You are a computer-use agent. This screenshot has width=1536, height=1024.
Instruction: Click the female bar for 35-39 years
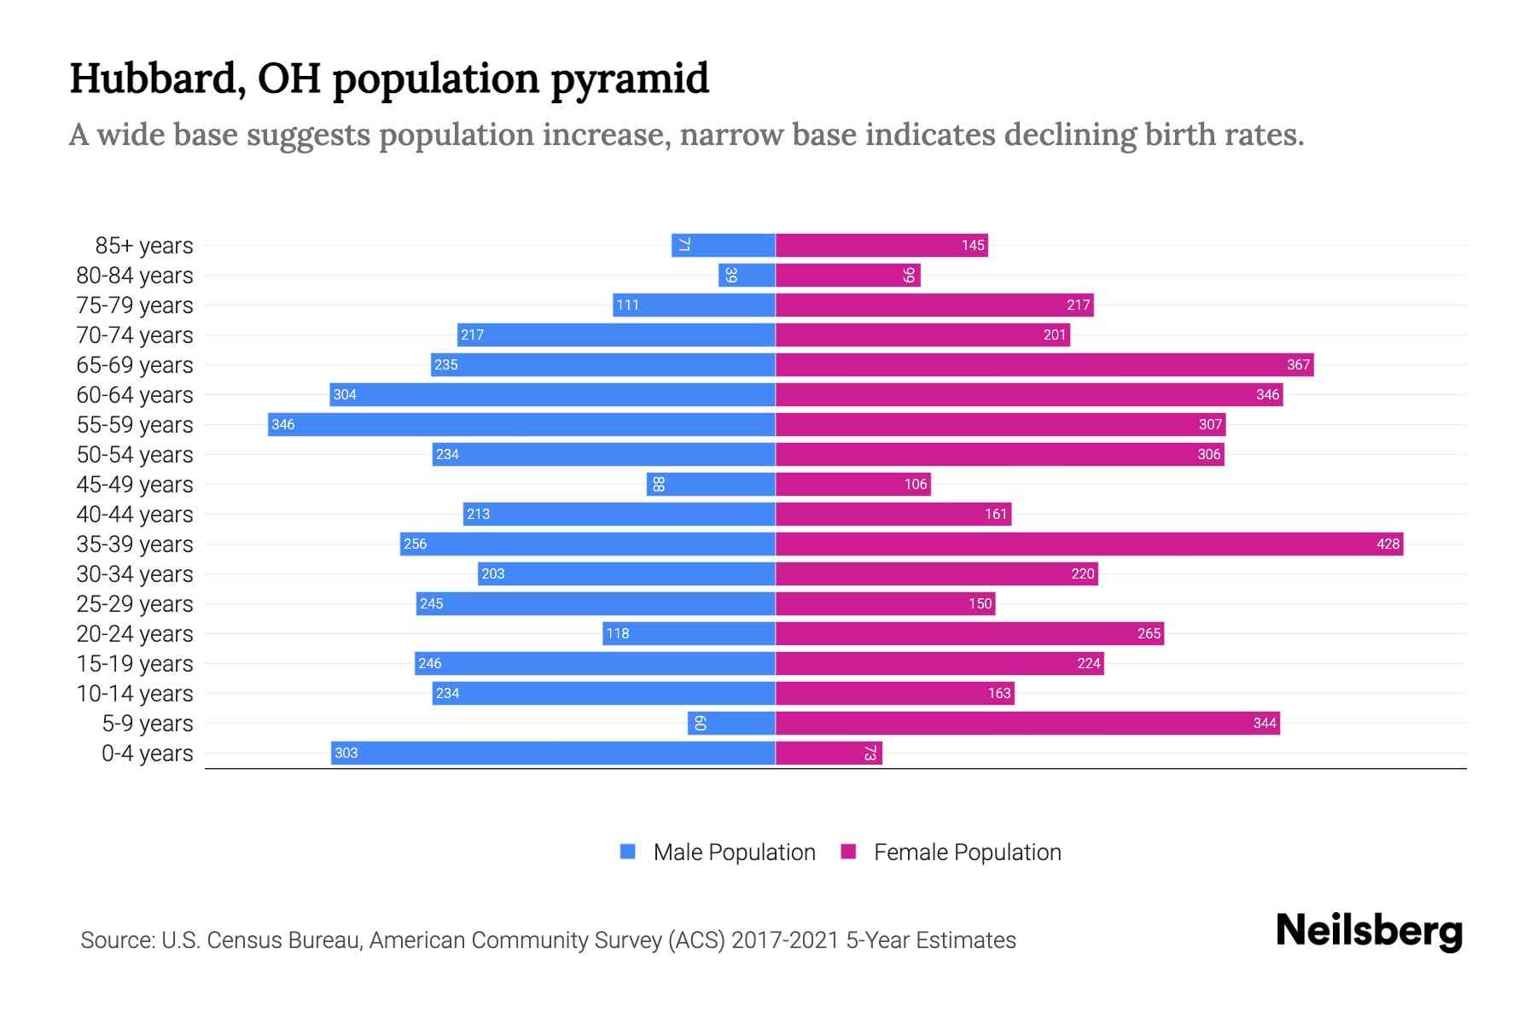[x=1089, y=544]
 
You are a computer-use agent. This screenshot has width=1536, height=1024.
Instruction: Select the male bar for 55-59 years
[x=521, y=424]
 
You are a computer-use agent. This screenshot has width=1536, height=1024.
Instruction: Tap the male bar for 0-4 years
[x=553, y=753]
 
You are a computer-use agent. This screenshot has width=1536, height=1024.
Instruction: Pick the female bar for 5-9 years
[x=1027, y=723]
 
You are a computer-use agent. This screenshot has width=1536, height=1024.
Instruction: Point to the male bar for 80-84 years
[x=747, y=275]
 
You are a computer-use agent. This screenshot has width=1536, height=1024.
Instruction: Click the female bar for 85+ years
[x=881, y=245]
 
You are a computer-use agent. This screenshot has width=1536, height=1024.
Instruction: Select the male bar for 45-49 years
[x=711, y=484]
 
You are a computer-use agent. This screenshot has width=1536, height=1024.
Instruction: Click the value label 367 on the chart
[x=1298, y=365]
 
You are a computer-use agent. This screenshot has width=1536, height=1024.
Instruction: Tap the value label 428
[x=1388, y=544]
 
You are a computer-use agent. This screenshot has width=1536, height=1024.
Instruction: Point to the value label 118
[x=617, y=633]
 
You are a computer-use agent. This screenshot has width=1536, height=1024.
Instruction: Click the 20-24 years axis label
[x=135, y=633]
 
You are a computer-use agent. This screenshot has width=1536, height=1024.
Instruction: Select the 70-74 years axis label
[x=135, y=335]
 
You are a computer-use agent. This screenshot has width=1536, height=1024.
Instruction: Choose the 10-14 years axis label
[x=135, y=693]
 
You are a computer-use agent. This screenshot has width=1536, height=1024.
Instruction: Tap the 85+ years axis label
[x=144, y=245]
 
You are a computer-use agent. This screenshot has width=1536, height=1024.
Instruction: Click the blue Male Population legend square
[x=628, y=852]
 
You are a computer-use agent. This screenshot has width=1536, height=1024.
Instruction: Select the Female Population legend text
[x=967, y=852]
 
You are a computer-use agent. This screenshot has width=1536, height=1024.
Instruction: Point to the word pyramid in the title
[x=629, y=79]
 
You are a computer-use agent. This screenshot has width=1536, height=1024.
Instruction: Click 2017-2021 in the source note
[x=785, y=940]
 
